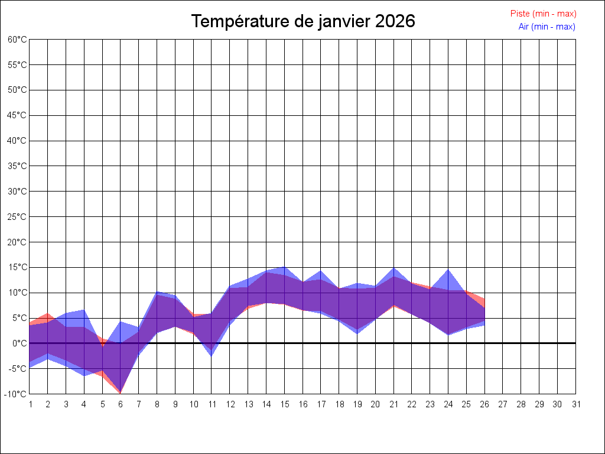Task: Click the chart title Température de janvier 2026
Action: (x=303, y=21)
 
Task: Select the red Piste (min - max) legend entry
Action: (x=543, y=14)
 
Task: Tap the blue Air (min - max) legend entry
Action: (x=547, y=27)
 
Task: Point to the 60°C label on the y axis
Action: (x=18, y=39)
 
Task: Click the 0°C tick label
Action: (x=19, y=343)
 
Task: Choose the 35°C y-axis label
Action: (x=18, y=166)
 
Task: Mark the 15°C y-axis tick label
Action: (x=18, y=267)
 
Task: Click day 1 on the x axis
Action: (x=30, y=404)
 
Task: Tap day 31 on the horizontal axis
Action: (x=576, y=404)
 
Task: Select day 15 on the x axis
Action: (x=284, y=404)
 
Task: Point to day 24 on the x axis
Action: (x=448, y=404)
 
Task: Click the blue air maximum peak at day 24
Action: (x=448, y=270)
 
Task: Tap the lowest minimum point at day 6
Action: (x=121, y=393)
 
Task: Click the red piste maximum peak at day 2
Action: (x=48, y=313)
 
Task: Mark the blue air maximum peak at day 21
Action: (x=393, y=268)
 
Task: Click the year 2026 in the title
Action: (x=395, y=21)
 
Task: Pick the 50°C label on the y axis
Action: (x=18, y=90)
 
